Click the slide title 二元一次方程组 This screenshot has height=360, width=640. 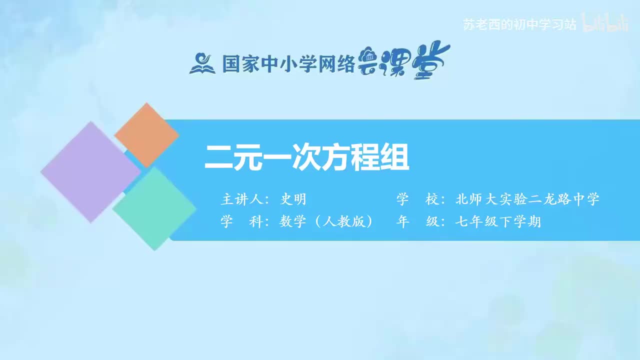(x=307, y=157)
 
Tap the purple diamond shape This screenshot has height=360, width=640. (x=90, y=171)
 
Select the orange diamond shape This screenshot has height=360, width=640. (x=146, y=135)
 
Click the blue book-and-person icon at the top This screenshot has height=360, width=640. (x=202, y=63)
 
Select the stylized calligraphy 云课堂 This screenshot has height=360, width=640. (x=404, y=62)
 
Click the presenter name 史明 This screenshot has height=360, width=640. (x=293, y=199)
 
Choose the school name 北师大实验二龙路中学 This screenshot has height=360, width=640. (x=527, y=199)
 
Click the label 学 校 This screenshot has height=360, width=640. (x=417, y=199)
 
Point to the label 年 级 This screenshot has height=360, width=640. (x=417, y=221)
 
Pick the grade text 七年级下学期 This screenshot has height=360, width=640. (x=498, y=221)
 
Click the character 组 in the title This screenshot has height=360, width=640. (x=395, y=157)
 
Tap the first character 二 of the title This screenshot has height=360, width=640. (x=219, y=157)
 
